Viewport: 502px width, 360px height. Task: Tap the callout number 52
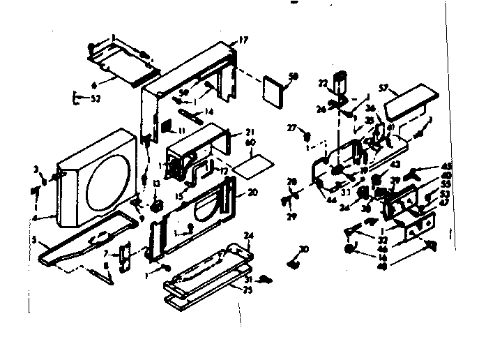point(96,98)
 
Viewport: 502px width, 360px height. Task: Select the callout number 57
point(383,88)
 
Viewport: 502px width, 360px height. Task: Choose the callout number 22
point(323,83)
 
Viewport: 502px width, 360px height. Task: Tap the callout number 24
point(250,234)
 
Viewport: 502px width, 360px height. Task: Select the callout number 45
point(446,166)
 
